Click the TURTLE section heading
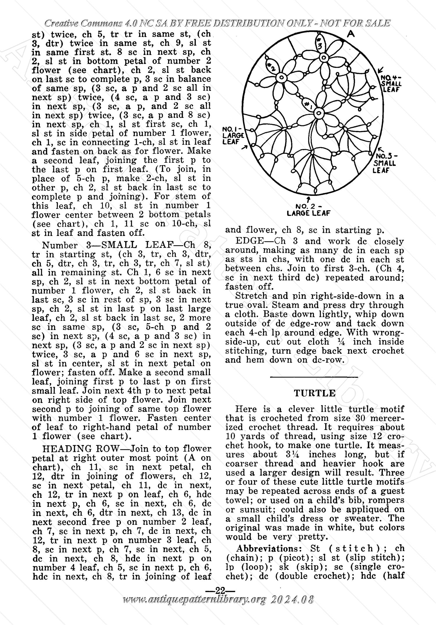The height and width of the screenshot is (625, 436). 315,393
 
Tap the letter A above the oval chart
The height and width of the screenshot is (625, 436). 351,34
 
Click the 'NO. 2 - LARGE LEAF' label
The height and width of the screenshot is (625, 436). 308,210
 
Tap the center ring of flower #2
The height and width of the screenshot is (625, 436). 281,78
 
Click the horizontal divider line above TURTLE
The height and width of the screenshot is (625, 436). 314,377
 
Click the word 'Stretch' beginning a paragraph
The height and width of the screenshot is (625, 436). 251,296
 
